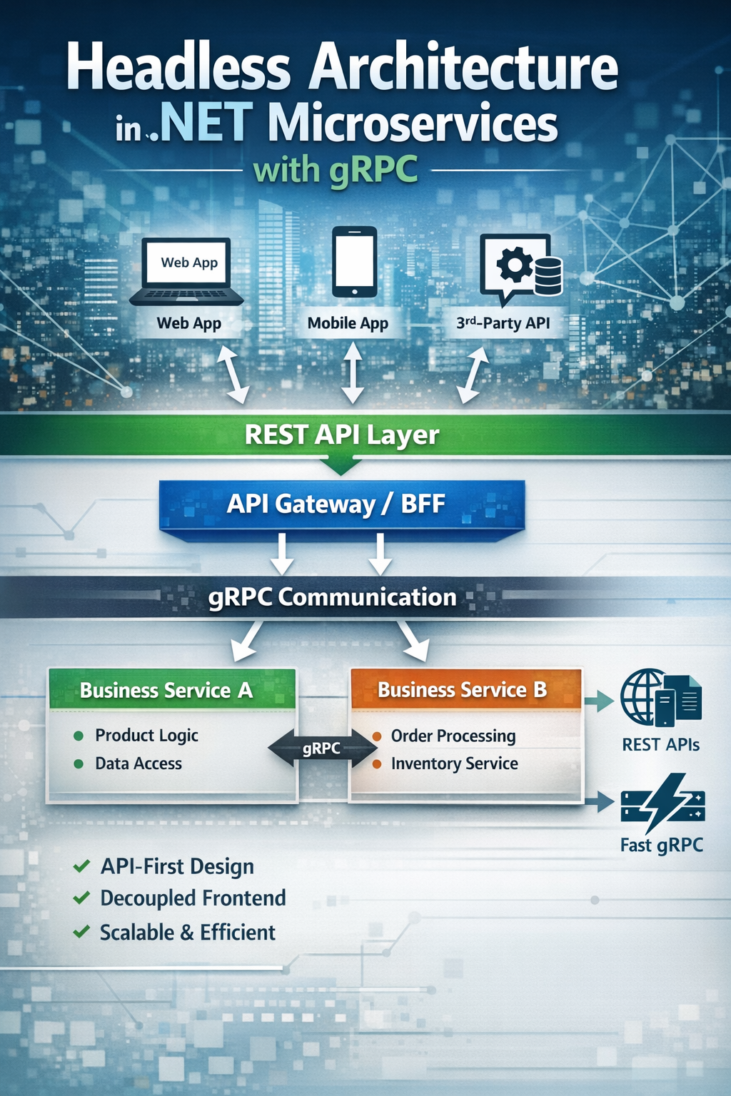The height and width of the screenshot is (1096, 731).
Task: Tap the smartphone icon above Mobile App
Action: click(x=354, y=262)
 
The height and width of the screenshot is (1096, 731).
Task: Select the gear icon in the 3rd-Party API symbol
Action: click(x=513, y=265)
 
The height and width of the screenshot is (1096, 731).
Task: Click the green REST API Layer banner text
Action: click(x=341, y=435)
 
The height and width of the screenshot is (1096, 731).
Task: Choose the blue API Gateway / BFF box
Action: click(x=341, y=504)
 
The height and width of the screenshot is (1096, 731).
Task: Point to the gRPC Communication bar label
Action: click(x=332, y=597)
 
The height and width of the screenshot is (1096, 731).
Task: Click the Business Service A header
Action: click(x=166, y=690)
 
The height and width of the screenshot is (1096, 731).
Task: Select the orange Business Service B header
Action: click(x=463, y=690)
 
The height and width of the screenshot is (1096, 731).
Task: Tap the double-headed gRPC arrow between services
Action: click(x=322, y=749)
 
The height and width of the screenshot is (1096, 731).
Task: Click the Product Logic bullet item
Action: click(x=146, y=735)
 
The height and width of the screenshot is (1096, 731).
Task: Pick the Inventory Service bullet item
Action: click(x=454, y=763)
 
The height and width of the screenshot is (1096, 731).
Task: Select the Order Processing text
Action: click(x=453, y=736)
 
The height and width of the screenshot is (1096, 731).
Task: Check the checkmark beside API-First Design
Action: click(x=81, y=866)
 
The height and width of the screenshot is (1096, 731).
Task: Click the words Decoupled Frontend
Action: click(x=193, y=898)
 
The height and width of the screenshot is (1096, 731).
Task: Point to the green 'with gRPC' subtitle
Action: click(x=336, y=171)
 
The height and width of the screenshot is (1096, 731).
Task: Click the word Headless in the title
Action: click(x=178, y=68)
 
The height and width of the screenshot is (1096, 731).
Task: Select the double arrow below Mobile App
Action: click(x=352, y=372)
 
